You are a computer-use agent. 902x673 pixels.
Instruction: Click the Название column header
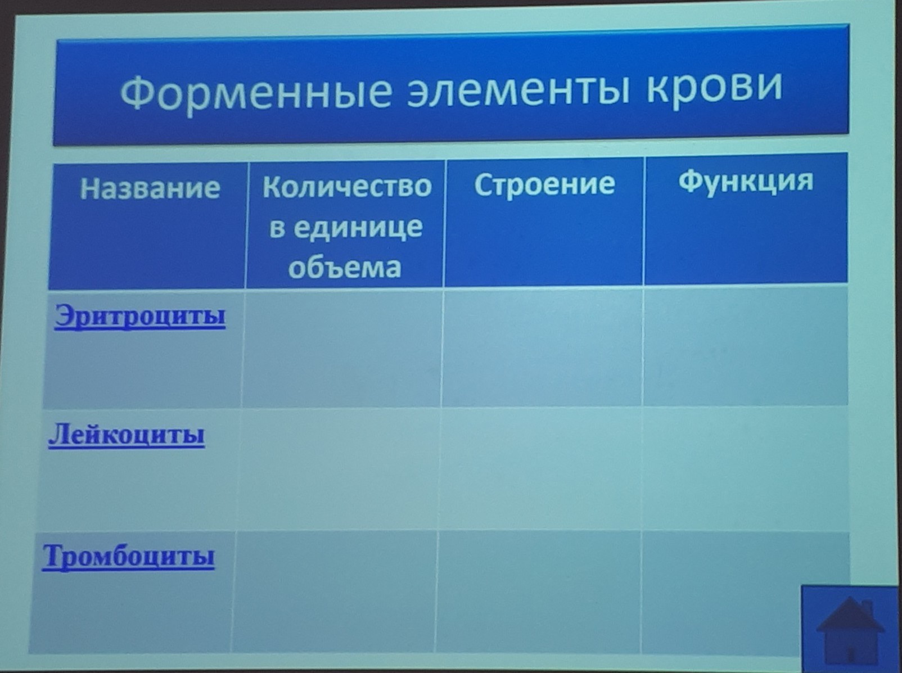[150, 188]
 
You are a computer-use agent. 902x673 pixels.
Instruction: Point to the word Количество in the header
[347, 187]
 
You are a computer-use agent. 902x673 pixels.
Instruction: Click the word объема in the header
[345, 268]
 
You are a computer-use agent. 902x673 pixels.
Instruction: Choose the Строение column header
[545, 184]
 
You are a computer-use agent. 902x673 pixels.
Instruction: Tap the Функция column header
[746, 181]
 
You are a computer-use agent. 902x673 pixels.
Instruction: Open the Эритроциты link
[140, 317]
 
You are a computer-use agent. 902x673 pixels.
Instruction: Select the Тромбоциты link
[129, 556]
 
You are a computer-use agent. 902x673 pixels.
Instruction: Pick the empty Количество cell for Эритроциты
[342, 349]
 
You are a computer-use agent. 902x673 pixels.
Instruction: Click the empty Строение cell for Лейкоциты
[541, 469]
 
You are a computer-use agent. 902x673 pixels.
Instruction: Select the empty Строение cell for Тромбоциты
[538, 592]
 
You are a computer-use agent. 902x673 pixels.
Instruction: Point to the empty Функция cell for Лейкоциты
[745, 468]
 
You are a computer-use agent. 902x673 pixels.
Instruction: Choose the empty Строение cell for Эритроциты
[543, 349]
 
